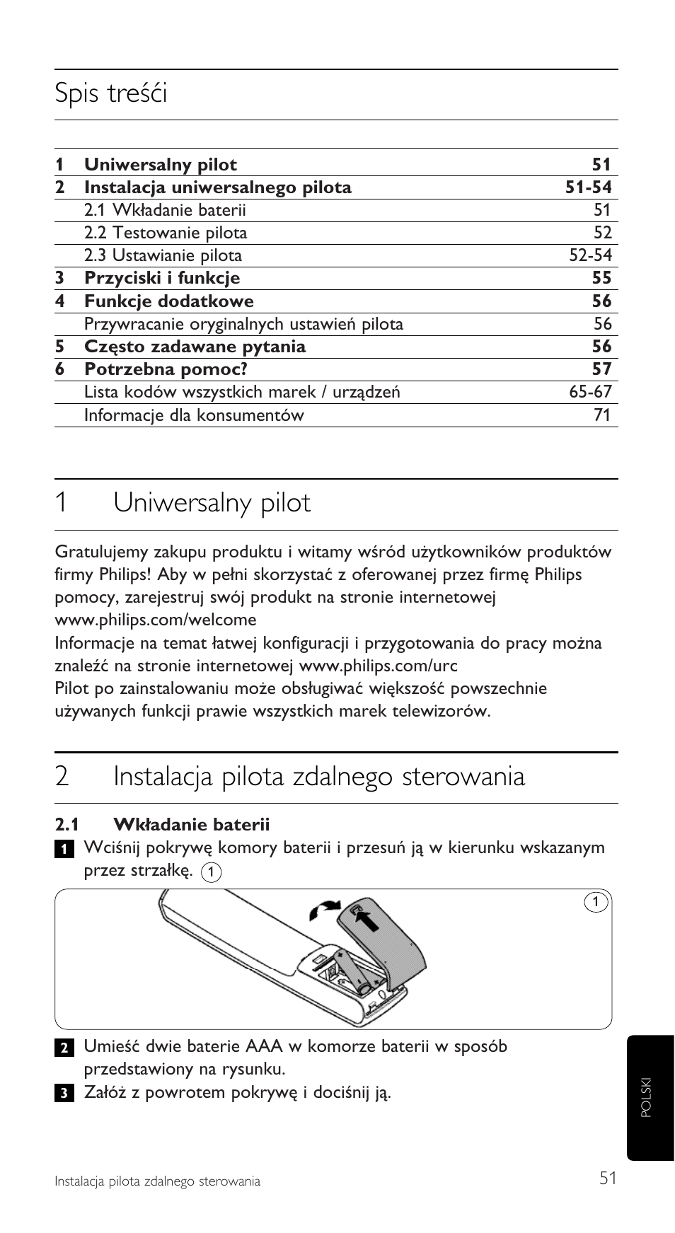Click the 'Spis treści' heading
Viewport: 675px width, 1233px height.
[111, 94]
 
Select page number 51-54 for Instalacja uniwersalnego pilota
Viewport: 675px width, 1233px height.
[588, 187]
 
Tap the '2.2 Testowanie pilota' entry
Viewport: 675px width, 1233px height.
[166, 233]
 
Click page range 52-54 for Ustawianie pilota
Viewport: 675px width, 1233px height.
[590, 255]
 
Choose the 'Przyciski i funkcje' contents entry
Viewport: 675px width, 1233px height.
[162, 278]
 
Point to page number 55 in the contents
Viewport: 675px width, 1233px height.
[601, 278]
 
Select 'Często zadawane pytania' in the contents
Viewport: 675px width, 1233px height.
[195, 347]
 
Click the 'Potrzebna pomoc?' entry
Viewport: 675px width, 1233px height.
[166, 369]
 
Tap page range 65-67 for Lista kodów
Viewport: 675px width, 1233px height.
[590, 392]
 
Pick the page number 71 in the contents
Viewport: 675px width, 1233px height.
[602, 415]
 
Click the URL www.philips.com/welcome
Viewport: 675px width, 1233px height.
[156, 620]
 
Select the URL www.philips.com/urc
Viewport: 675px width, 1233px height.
[378, 666]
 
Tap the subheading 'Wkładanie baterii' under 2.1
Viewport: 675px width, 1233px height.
[192, 824]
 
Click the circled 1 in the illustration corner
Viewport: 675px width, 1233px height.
[596, 902]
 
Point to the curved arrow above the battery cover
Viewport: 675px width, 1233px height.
[325, 910]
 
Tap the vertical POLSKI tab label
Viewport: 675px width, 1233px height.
[645, 1097]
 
